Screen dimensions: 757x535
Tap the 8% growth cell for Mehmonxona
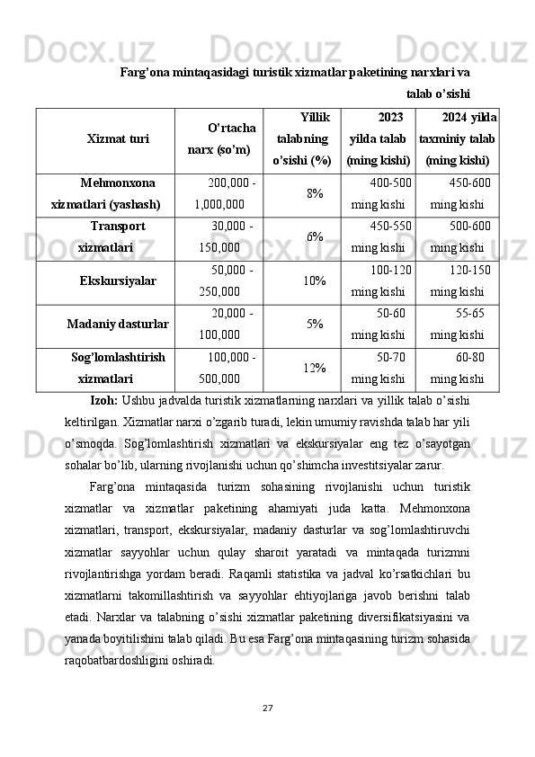[315, 193]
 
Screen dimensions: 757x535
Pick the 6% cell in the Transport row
[315, 236]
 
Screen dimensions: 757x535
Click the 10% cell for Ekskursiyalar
[315, 281]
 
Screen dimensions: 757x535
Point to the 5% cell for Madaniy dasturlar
[315, 324]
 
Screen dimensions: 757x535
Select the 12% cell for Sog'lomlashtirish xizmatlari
[315, 368]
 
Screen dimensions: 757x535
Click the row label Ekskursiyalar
[118, 281]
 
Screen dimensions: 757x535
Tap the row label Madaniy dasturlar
[119, 324]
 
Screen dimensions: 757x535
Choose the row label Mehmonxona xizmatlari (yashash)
[106, 192]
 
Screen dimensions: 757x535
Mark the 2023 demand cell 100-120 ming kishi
[382, 281]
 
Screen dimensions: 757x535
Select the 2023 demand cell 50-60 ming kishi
[382, 324]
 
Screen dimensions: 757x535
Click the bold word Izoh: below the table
[105, 399]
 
